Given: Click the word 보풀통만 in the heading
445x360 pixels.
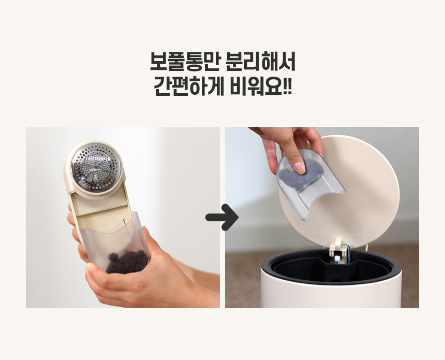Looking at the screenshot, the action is click(185, 61).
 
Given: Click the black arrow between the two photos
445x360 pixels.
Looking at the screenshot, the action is click(222, 218).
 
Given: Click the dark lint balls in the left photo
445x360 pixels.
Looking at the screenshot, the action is click(127, 262).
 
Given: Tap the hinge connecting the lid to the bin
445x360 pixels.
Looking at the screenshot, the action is click(339, 250).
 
